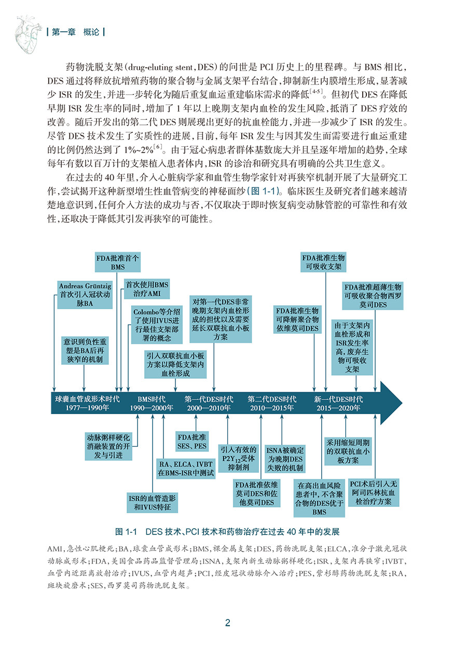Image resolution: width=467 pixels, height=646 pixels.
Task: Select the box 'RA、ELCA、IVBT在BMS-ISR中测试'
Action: tap(186, 469)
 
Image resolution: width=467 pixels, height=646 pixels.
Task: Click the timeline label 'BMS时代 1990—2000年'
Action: tap(152, 403)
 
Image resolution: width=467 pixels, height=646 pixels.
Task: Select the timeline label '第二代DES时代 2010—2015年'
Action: tap(272, 403)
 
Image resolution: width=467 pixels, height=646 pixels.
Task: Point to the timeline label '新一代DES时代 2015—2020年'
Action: tap(338, 403)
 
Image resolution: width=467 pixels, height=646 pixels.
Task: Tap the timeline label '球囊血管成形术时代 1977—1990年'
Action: tap(87, 403)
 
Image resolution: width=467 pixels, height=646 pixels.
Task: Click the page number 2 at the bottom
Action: tap(228, 623)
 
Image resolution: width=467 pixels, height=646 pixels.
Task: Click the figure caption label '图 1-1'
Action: tap(128, 532)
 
